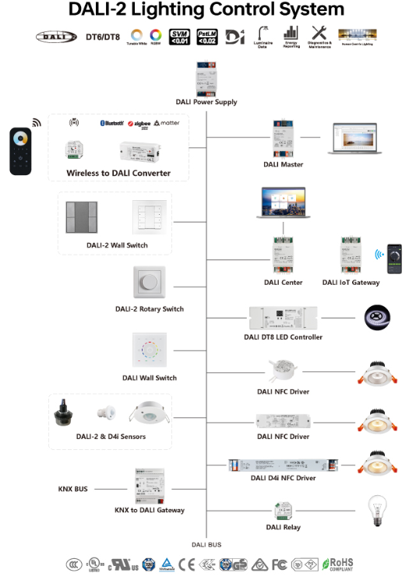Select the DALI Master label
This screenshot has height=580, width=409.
tap(284, 164)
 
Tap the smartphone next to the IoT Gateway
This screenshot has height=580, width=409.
tap(396, 256)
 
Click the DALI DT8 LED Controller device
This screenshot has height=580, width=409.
tap(284, 318)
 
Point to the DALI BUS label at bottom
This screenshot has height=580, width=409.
tap(206, 545)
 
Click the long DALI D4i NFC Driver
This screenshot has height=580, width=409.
tap(283, 465)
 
